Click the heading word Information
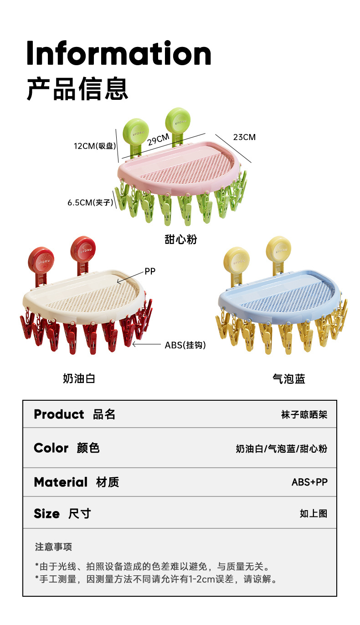click(x=119, y=54)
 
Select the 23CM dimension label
click(x=244, y=137)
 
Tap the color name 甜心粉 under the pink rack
click(x=180, y=239)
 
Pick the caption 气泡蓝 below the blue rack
click(x=288, y=379)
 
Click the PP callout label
click(x=150, y=272)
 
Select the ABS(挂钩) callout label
click(x=185, y=345)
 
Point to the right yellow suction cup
click(x=278, y=249)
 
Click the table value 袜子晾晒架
click(x=304, y=415)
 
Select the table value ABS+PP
click(x=309, y=482)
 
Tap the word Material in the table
click(x=61, y=482)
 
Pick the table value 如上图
click(x=314, y=514)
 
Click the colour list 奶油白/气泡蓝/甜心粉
click(x=281, y=449)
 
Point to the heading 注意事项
click(x=53, y=547)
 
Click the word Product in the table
click(x=59, y=414)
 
